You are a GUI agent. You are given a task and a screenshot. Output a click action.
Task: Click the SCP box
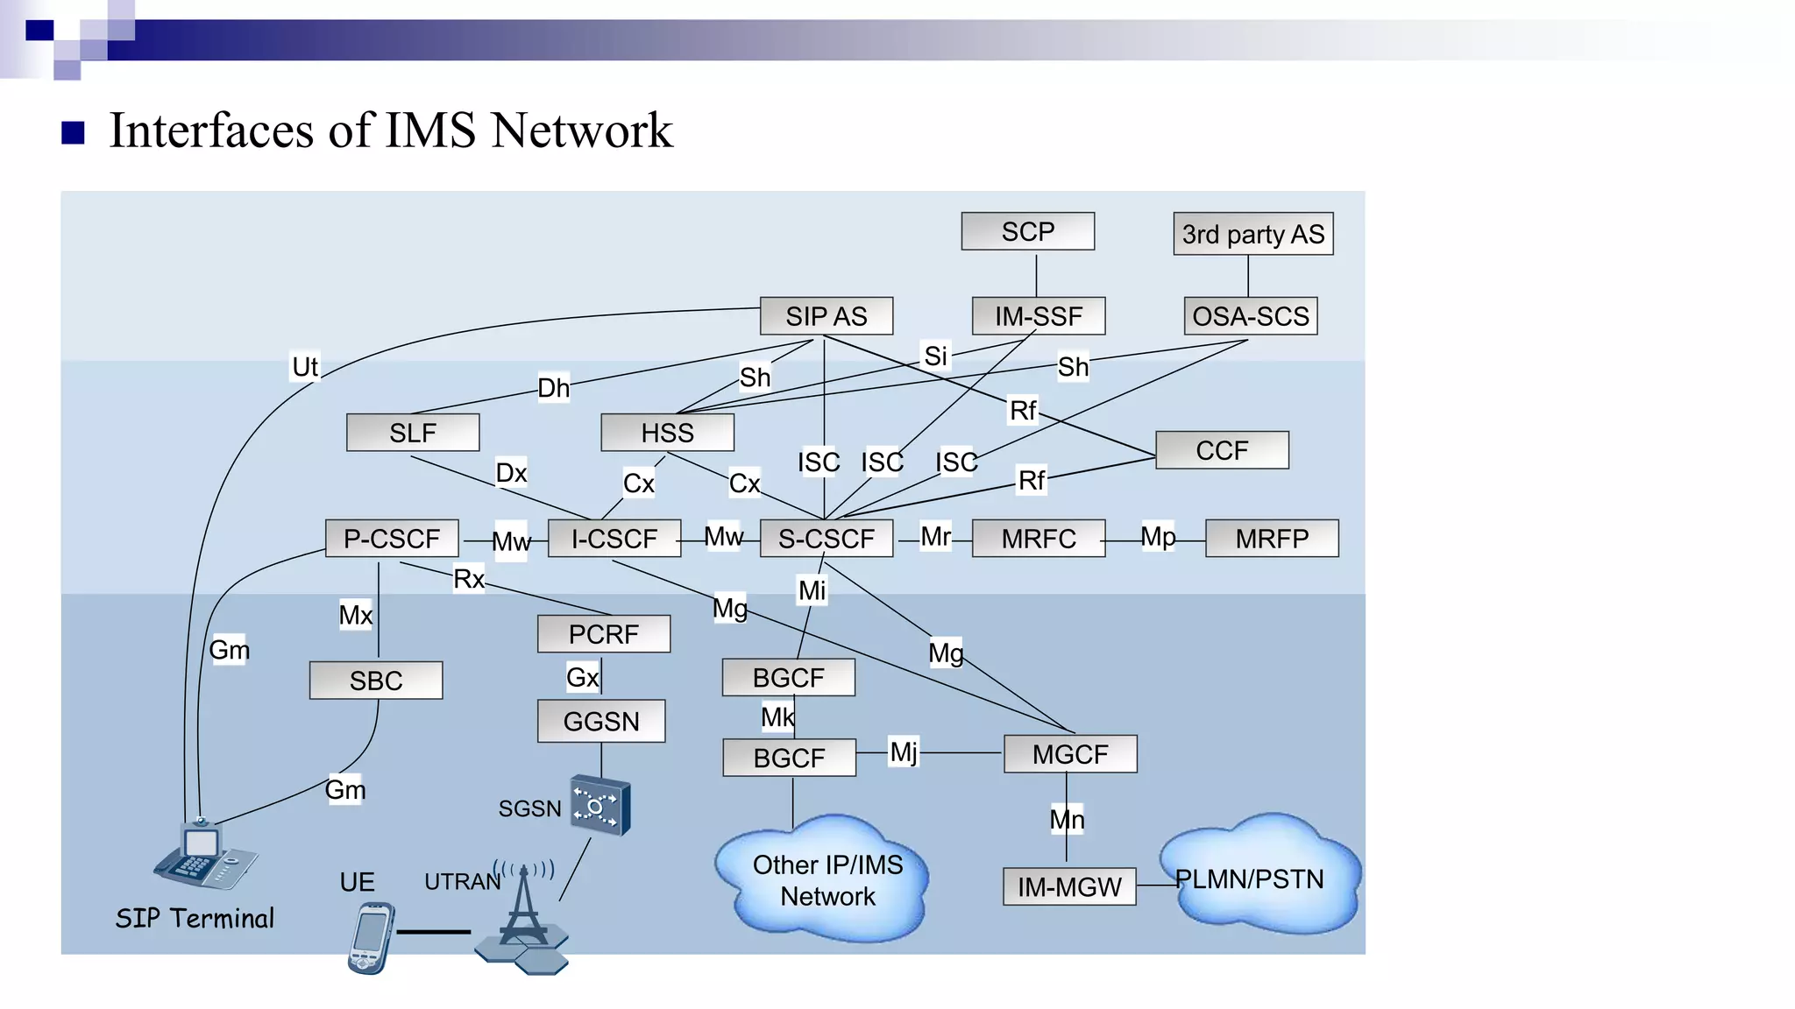point(1027,231)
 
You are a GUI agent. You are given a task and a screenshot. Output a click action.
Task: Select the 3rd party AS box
point(1252,234)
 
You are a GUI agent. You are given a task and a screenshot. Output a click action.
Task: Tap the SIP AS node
point(826,316)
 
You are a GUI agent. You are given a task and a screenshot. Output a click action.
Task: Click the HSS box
point(667,433)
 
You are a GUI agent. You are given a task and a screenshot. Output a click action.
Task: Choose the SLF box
point(412,433)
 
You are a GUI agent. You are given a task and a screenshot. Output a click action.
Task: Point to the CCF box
point(1222,450)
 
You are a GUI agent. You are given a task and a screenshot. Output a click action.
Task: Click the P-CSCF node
point(391,539)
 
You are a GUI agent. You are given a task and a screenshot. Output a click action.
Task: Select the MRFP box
point(1272,539)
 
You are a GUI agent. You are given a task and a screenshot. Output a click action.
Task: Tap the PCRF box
point(603,634)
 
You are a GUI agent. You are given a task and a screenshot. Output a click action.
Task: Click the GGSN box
point(601,722)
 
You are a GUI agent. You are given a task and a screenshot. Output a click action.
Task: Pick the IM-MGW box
point(1069,887)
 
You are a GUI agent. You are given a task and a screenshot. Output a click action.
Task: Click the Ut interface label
point(305,366)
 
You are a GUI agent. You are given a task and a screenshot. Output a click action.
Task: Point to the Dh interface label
point(553,388)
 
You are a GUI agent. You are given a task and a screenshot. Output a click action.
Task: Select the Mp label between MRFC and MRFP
point(1158,536)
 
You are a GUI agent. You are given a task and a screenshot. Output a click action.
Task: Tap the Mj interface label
point(904,751)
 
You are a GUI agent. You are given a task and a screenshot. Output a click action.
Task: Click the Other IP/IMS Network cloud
point(827,880)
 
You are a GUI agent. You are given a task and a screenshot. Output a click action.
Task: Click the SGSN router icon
point(600,805)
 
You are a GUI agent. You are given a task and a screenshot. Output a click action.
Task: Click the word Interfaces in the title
point(210,131)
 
